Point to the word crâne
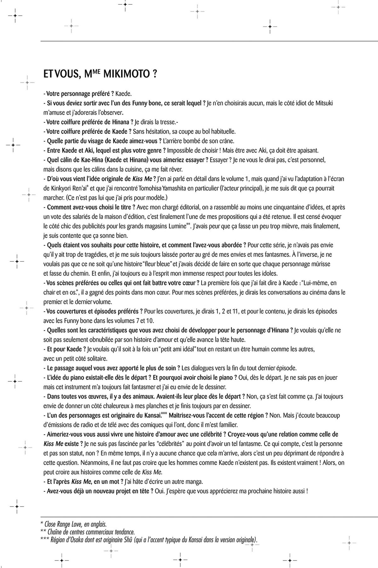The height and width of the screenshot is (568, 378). point(226,141)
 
